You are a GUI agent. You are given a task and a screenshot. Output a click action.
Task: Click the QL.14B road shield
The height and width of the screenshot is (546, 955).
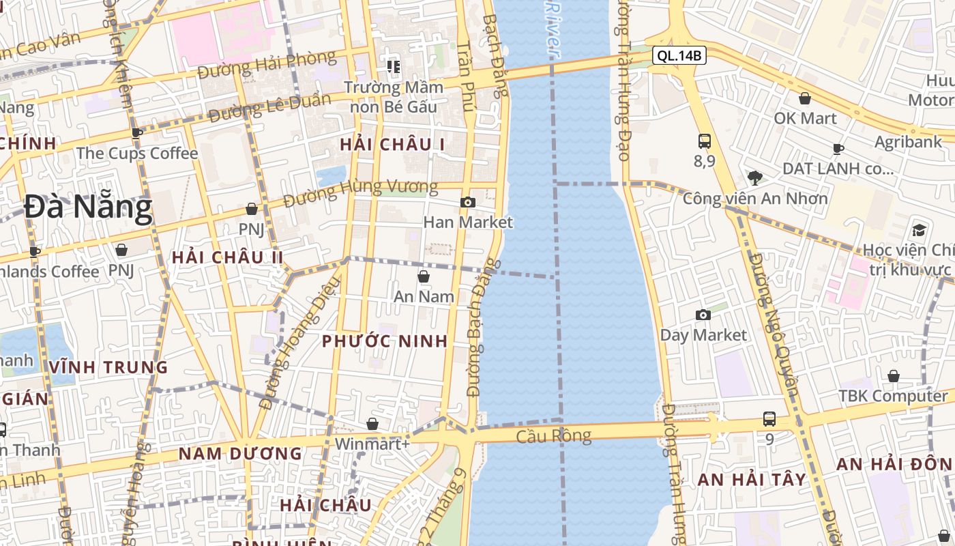pyautogui.click(x=679, y=56)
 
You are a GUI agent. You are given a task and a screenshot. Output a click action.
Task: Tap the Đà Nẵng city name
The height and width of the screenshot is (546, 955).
pyautogui.click(x=88, y=207)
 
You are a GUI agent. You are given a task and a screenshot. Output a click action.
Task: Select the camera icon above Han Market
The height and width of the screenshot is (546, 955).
pyautogui.click(x=468, y=202)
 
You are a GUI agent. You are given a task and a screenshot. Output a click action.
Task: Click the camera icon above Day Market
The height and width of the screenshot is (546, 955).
pyautogui.click(x=703, y=315)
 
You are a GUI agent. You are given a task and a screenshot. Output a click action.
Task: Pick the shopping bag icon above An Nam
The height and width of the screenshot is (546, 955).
pyautogui.click(x=424, y=276)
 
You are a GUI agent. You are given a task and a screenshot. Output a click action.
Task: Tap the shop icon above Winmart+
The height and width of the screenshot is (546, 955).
pyautogui.click(x=372, y=424)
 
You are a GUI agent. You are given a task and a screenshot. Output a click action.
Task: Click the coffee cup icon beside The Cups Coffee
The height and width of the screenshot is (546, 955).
pyautogui.click(x=136, y=133)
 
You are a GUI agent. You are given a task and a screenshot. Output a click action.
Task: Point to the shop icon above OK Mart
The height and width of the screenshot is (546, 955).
pyautogui.click(x=805, y=98)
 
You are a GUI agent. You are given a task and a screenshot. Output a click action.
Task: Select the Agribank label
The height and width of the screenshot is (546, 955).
pyautogui.click(x=908, y=142)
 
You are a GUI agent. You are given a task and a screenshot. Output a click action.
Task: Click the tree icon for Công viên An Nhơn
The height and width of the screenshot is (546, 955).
pyautogui.click(x=754, y=178)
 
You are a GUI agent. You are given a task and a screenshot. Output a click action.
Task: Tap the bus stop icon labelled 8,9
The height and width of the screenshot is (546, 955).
pyautogui.click(x=705, y=141)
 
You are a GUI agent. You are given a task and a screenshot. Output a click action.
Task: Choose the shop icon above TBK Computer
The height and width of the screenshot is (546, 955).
pyautogui.click(x=893, y=376)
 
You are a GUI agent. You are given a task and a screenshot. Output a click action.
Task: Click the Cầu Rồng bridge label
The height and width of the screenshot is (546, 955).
pyautogui.click(x=553, y=435)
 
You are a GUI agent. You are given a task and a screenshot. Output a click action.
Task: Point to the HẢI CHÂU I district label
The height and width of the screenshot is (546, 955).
pyautogui.click(x=392, y=144)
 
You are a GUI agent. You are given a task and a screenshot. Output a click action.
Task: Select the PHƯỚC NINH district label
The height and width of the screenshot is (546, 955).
pyautogui.click(x=385, y=341)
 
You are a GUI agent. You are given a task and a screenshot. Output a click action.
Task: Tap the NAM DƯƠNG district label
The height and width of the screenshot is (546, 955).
pyautogui.click(x=240, y=453)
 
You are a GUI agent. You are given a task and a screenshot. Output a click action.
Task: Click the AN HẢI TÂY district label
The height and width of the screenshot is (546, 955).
pyautogui.click(x=752, y=480)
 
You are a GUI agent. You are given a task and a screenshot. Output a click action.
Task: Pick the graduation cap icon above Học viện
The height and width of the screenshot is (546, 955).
pyautogui.click(x=919, y=230)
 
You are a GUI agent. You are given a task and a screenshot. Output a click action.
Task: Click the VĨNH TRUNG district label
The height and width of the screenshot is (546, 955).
pyautogui.click(x=108, y=367)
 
